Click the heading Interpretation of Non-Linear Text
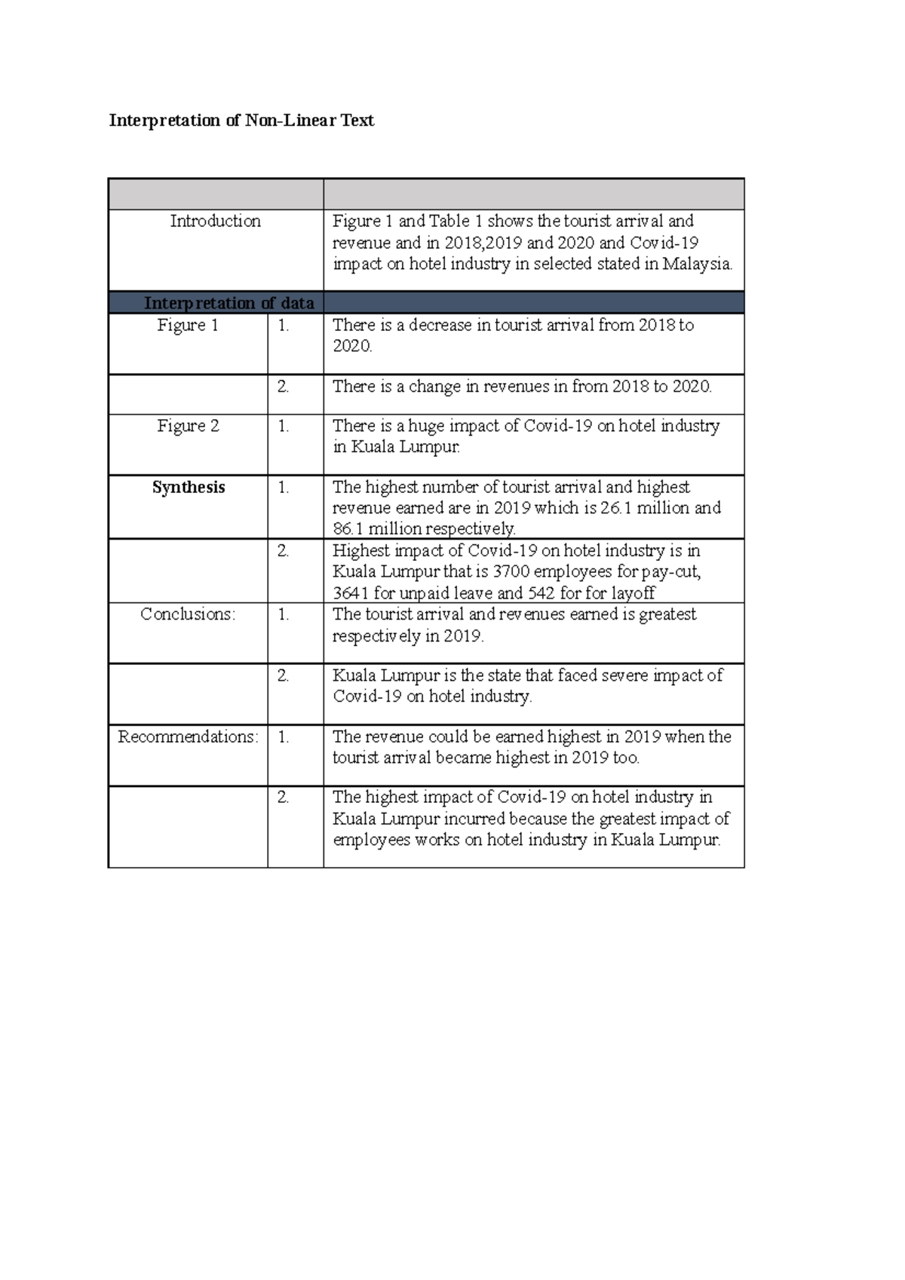(x=241, y=121)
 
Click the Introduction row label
(x=215, y=221)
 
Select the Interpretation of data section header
(x=229, y=303)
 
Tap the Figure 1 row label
(x=188, y=325)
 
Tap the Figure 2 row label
(x=188, y=426)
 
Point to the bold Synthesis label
(x=189, y=487)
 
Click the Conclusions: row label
(x=188, y=614)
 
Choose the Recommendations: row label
(x=188, y=736)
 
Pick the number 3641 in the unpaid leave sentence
(x=351, y=593)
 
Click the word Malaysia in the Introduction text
(x=697, y=264)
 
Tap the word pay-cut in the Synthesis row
(x=671, y=571)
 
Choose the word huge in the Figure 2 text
(x=426, y=426)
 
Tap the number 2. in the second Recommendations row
(x=283, y=798)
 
